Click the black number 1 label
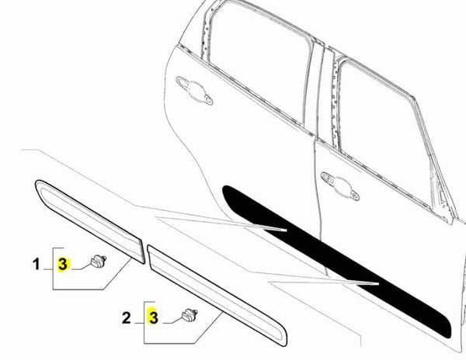(36, 265)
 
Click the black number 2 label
(126, 317)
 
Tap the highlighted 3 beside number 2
(154, 317)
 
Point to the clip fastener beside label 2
(187, 313)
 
